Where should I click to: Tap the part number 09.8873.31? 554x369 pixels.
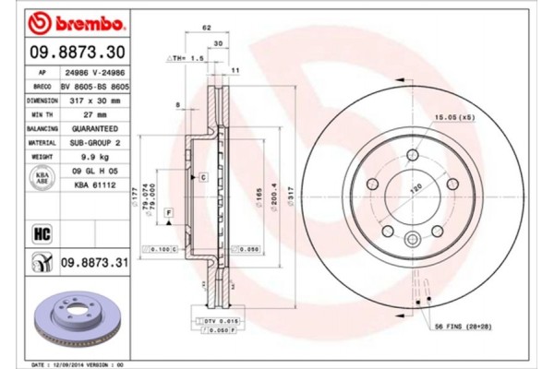[91, 265]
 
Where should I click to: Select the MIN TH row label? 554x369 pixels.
[42, 115]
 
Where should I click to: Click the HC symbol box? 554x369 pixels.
[42, 232]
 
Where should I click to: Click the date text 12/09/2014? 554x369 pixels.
[78, 363]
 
